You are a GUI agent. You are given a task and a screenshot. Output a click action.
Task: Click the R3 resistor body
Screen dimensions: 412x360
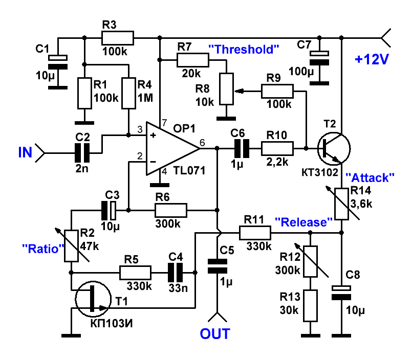click(x=117, y=38)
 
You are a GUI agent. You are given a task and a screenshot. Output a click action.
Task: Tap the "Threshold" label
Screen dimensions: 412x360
click(x=244, y=50)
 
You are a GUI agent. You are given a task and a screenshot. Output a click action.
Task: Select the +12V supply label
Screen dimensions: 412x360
click(x=372, y=59)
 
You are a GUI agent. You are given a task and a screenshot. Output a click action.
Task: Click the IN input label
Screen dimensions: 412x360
click(x=25, y=152)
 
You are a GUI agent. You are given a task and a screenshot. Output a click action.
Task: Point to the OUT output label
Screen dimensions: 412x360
click(x=215, y=334)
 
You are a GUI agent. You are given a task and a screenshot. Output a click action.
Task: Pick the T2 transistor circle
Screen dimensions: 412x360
click(x=334, y=149)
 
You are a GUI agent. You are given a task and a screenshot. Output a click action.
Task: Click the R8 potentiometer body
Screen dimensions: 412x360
click(x=227, y=89)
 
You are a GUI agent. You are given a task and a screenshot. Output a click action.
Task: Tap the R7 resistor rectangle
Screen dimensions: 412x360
click(x=193, y=60)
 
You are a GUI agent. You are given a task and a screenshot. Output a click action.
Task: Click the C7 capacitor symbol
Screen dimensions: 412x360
click(x=319, y=58)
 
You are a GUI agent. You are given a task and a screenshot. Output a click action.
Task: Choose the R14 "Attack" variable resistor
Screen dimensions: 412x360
click(x=341, y=204)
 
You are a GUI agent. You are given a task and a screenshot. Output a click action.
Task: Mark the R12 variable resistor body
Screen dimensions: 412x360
click(x=310, y=261)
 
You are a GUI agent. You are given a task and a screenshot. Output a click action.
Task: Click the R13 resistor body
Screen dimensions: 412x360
click(x=310, y=306)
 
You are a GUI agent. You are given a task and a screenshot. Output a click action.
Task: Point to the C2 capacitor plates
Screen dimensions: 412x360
click(x=82, y=153)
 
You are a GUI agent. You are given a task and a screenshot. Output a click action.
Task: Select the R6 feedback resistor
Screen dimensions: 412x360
click(x=171, y=210)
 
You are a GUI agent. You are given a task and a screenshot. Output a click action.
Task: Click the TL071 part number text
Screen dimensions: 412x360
click(x=189, y=171)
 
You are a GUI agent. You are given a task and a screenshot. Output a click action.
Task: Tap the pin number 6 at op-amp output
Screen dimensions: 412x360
click(x=202, y=143)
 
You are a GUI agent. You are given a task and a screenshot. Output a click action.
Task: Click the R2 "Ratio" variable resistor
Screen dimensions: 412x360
click(x=71, y=246)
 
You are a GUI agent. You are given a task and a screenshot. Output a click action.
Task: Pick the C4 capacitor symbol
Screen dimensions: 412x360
click(x=175, y=273)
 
